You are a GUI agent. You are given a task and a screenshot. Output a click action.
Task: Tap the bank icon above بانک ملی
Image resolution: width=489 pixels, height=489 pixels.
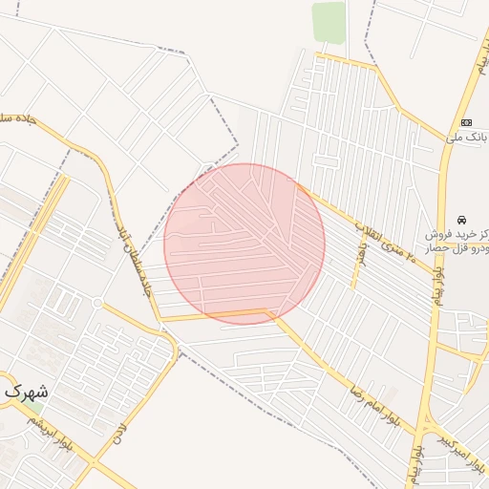pyautogui.click(x=466, y=122)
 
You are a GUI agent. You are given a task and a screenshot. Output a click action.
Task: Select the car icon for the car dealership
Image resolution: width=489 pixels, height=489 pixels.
pyautogui.click(x=463, y=219)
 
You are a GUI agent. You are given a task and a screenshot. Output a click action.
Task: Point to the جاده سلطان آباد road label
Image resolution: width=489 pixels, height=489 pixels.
pyautogui.click(x=134, y=258)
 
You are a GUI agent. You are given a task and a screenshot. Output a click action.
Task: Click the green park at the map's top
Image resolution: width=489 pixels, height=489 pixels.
pyautogui.click(x=329, y=21)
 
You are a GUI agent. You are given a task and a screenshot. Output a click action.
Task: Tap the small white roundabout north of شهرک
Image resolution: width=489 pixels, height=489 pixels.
pyautogui.click(x=97, y=303)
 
